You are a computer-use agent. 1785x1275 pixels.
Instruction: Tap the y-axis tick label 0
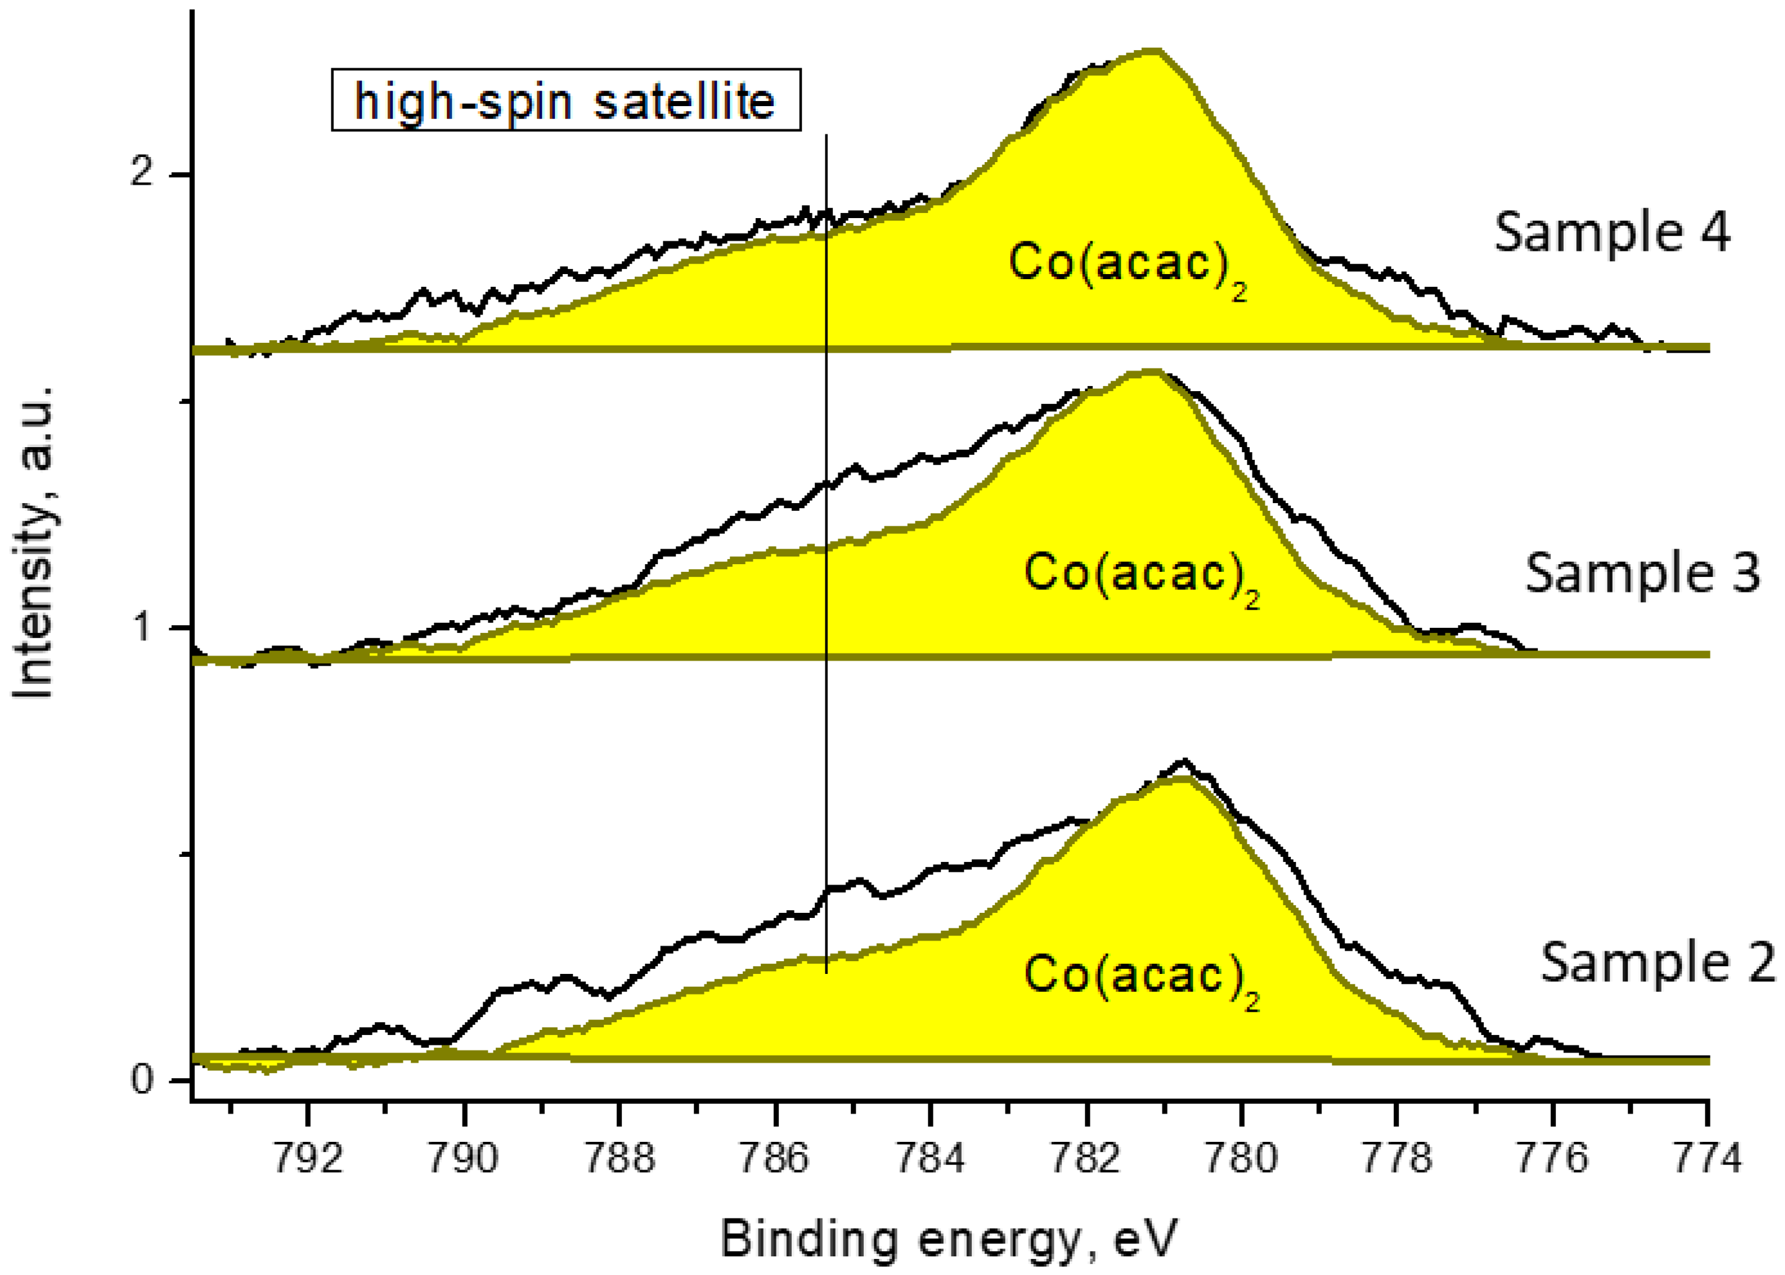(x=142, y=1080)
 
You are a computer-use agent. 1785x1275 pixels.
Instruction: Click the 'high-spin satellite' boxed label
(x=566, y=100)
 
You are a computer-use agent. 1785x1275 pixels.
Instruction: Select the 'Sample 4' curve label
(x=1611, y=232)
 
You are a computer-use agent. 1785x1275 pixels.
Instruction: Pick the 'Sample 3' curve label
(x=1642, y=573)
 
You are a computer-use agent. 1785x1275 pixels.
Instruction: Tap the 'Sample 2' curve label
(x=1658, y=962)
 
